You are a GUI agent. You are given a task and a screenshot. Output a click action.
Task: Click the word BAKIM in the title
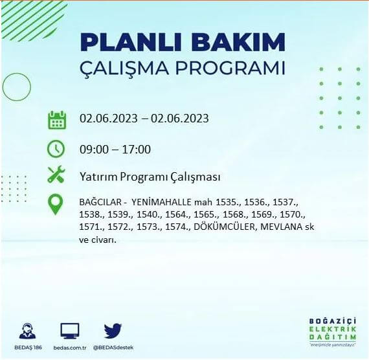[x=235, y=43]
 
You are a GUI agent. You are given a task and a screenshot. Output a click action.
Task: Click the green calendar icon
[x=57, y=120]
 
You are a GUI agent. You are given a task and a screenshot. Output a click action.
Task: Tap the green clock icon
[x=57, y=148]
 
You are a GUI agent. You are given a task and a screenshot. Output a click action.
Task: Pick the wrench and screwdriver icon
[x=57, y=175]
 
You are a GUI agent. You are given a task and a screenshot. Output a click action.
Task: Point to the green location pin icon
[x=57, y=205]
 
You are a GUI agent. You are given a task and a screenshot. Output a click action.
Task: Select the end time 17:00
[x=137, y=150]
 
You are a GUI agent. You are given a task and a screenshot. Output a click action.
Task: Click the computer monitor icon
[x=70, y=331]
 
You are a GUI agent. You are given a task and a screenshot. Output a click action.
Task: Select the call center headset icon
[x=27, y=331]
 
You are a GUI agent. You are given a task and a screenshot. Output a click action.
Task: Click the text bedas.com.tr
[x=70, y=348]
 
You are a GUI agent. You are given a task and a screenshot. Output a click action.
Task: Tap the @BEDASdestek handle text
[x=114, y=348]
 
